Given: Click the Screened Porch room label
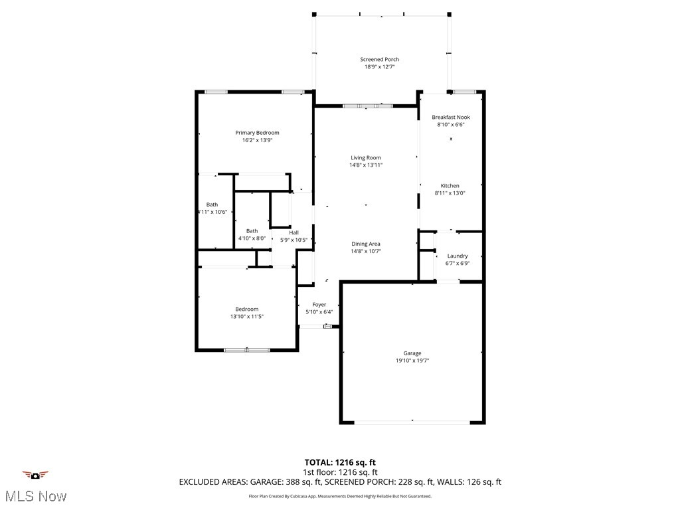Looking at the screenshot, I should [379, 60].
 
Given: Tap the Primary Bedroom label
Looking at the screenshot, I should [257, 133].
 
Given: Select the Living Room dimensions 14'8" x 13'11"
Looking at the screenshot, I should [366, 165].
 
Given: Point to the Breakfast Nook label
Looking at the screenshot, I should [450, 117].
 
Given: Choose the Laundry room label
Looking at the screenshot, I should [457, 256].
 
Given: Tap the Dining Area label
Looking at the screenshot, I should [366, 244].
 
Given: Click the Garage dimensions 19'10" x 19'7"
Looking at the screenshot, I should [412, 361].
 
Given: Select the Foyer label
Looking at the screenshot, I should [319, 305].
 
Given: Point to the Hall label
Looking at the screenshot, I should [293, 232].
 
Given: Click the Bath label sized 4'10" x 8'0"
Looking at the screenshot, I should [252, 231].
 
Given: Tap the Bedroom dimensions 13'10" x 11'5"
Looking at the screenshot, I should [246, 317].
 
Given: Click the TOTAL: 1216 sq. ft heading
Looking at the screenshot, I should [340, 462].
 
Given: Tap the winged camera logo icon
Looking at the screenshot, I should [35, 475].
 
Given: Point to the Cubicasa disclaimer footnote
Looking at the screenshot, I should [340, 496].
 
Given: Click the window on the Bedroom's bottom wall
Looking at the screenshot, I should [246, 350].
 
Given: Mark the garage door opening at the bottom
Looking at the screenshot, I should [412, 422].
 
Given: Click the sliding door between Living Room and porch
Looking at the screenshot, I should [367, 105].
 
